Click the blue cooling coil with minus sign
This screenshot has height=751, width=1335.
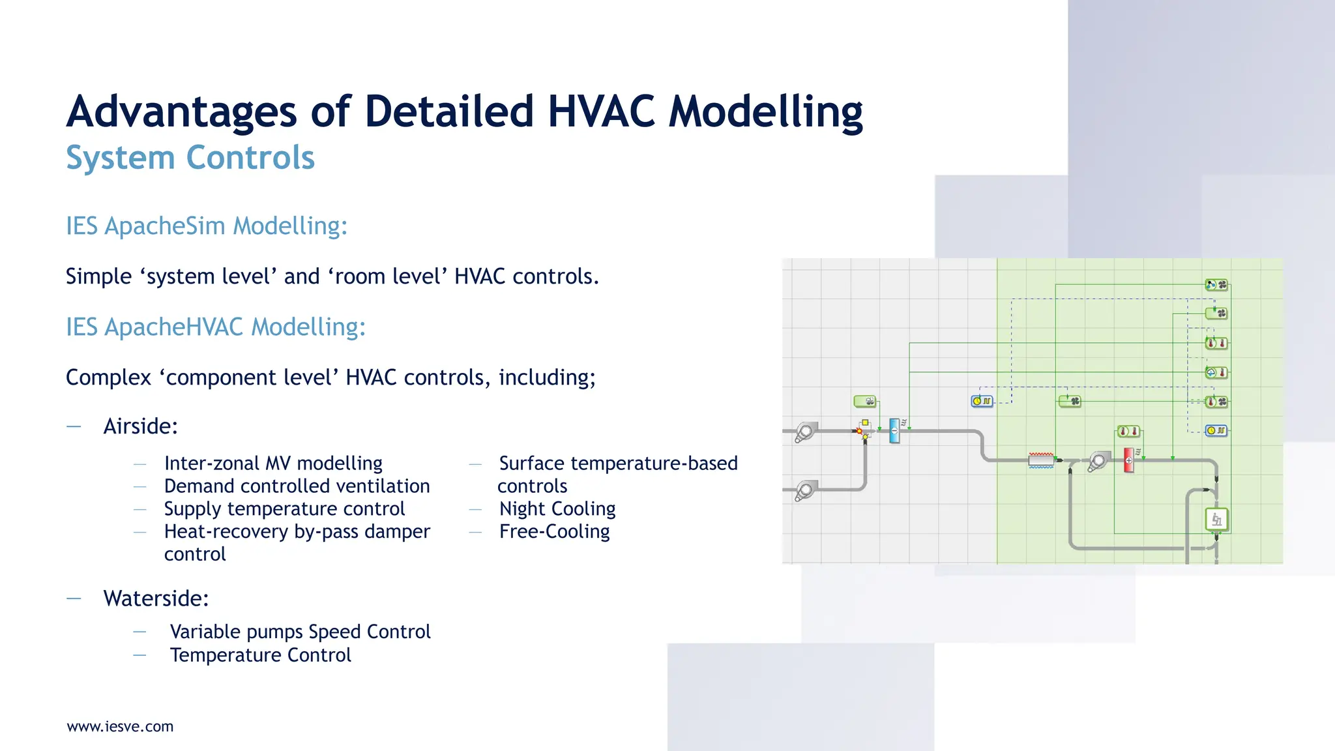(x=894, y=431)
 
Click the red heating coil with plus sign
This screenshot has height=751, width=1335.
(x=1129, y=460)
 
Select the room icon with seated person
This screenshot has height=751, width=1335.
(x=1216, y=520)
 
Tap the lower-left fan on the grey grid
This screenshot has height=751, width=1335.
(x=805, y=490)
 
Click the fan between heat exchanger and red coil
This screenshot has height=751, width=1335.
(x=1098, y=462)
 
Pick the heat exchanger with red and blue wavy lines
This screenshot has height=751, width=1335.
(x=1041, y=460)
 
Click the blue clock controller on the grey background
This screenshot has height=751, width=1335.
(x=982, y=401)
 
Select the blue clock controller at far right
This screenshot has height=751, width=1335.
(x=1216, y=430)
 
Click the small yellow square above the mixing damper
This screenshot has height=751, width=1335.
(x=865, y=422)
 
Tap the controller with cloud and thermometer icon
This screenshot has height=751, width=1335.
(x=1216, y=372)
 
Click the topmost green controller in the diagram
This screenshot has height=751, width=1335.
(x=1216, y=285)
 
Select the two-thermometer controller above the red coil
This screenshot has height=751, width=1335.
(x=1128, y=431)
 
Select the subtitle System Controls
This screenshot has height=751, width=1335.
(x=190, y=158)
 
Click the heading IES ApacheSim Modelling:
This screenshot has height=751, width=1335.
(x=207, y=226)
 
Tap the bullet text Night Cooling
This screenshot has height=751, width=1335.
(x=557, y=508)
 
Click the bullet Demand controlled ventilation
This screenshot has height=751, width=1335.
(x=297, y=486)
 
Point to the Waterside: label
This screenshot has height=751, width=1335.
(x=156, y=598)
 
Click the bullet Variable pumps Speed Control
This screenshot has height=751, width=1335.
(x=300, y=632)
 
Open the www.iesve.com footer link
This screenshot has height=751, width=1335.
(x=121, y=726)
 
